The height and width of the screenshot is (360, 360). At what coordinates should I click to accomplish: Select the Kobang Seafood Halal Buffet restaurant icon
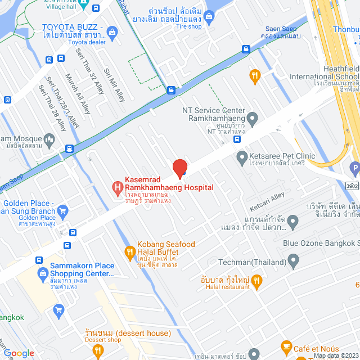click(129, 252)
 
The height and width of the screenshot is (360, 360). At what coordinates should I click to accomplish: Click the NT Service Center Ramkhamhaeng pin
click(253, 119)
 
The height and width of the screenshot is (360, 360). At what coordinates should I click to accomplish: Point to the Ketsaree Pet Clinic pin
click(241, 156)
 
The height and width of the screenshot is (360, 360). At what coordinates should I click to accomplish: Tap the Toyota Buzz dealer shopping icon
click(111, 31)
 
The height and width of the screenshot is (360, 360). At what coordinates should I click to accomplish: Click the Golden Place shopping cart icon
click(62, 211)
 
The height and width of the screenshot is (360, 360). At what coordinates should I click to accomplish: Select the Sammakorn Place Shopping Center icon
click(42, 273)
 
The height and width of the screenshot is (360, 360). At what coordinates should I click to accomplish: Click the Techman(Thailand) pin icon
click(292, 261)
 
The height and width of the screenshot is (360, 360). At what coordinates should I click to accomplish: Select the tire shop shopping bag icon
click(209, 16)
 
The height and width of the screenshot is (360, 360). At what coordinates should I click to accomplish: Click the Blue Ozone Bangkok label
click(321, 243)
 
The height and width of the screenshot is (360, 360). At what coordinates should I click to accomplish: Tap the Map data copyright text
click(335, 355)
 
